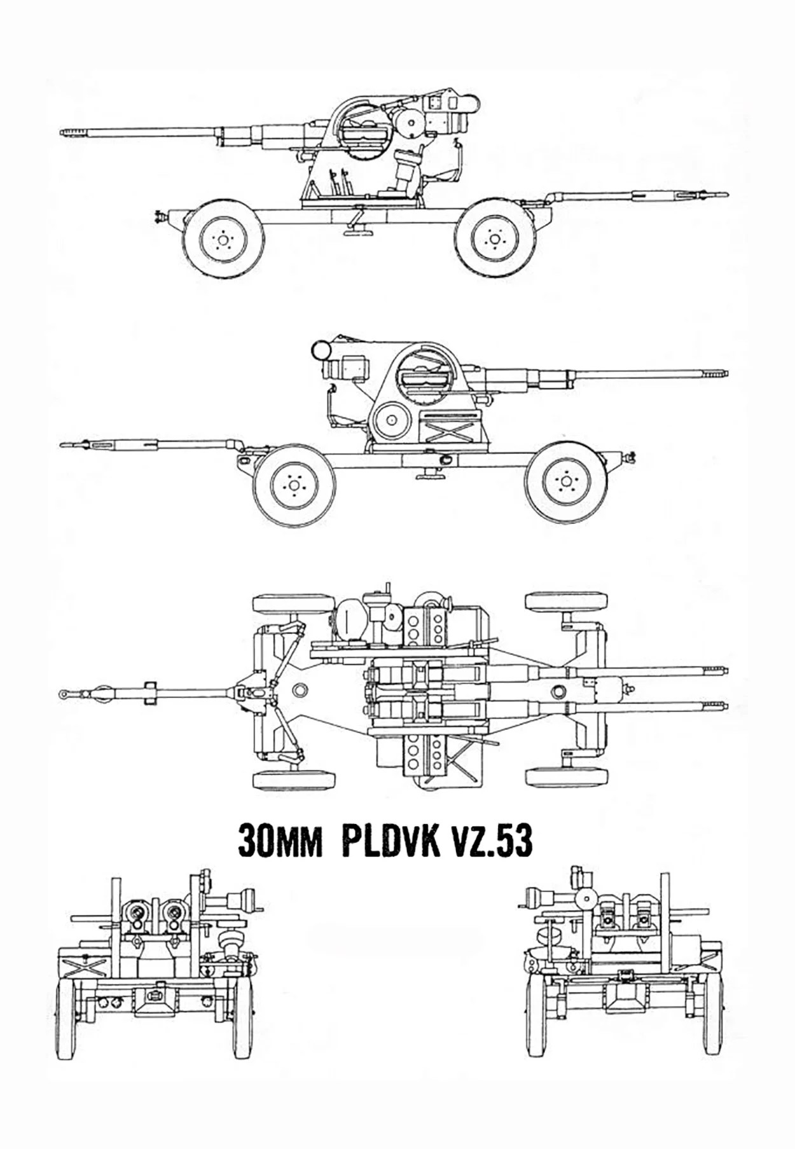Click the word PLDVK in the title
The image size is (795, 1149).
pos(391,841)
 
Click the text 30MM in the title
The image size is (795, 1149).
pos(280,842)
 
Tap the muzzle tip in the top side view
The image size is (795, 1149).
pos(62,133)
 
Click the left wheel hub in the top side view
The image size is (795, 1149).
pos(223,239)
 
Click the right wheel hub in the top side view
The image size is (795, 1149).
pos(494,239)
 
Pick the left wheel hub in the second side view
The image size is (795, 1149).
pos(294,485)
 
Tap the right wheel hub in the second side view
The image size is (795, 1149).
pos(565,483)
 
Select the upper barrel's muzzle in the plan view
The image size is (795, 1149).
pos(725,670)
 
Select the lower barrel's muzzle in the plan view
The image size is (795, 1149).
pos(725,706)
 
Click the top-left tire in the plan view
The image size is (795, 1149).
pos(294,603)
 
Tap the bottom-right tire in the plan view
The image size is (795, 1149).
pos(567,777)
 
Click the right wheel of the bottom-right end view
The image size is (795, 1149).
pos(714,1023)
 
